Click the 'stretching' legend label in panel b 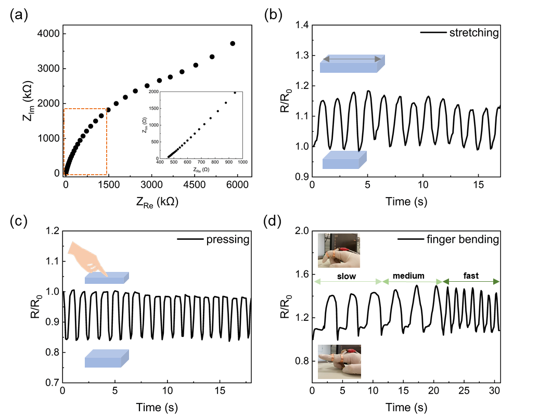coord(473,33)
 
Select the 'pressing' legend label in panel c coord(228,240)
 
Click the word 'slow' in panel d coord(346,276)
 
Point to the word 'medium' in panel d coord(408,276)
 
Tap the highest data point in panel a coord(233,44)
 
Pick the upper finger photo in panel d coord(339,250)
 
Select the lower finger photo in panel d coord(339,361)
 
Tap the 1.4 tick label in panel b coord(300,25)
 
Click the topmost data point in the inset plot coord(235,93)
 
